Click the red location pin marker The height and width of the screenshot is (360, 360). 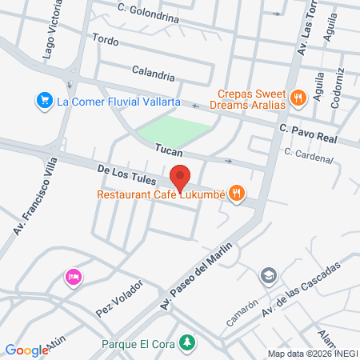(x=180, y=177)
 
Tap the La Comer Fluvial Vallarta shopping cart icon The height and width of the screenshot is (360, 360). (x=43, y=100)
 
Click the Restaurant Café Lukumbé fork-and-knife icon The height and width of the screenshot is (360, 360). (x=236, y=193)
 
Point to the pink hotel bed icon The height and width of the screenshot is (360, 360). (x=72, y=277)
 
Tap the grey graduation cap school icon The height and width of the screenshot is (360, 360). (x=268, y=277)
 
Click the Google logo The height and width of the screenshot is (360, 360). (x=27, y=350)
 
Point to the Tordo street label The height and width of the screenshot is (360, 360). (x=105, y=40)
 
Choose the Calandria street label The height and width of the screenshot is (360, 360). (x=154, y=76)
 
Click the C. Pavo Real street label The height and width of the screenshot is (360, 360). (x=307, y=132)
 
